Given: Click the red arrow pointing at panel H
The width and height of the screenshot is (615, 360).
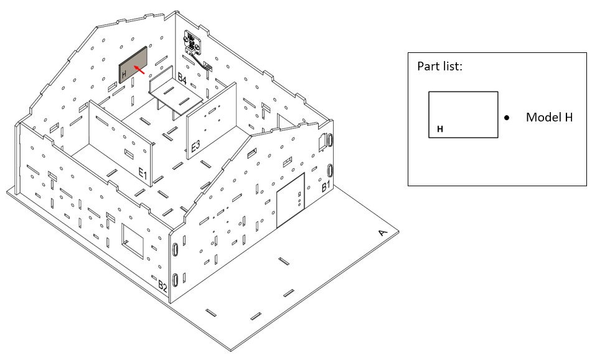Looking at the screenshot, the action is [139, 70].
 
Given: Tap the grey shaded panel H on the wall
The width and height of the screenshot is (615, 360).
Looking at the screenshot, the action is [133, 65].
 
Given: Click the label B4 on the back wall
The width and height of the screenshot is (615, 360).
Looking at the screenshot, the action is [182, 78].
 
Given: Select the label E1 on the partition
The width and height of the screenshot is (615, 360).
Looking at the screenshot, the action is [143, 173].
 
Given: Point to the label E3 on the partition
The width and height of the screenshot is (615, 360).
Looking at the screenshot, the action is [195, 146].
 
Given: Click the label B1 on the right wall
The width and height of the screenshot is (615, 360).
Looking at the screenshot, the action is [326, 186].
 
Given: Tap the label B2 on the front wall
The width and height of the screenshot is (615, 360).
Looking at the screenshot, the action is [162, 287].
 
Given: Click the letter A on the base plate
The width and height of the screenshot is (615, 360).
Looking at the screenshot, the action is [382, 233].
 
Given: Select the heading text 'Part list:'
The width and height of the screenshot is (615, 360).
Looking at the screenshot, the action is [439, 66].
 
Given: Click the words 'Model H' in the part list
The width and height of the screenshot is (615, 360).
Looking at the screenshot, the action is [549, 117].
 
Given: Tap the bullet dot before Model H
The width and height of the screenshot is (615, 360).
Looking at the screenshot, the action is [507, 117].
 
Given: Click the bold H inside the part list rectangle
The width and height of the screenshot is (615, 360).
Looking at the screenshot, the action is [440, 129].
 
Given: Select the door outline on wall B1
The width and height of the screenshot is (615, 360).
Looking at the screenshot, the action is [291, 200].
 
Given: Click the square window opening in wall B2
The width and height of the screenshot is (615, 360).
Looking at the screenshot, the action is [133, 242].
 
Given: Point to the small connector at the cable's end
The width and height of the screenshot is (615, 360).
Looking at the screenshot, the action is [208, 67].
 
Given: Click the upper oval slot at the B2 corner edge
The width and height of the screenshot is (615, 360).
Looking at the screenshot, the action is [176, 249].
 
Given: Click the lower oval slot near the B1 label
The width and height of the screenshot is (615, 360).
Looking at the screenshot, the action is [331, 171].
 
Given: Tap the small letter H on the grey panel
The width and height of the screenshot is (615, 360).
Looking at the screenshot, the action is [124, 73].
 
